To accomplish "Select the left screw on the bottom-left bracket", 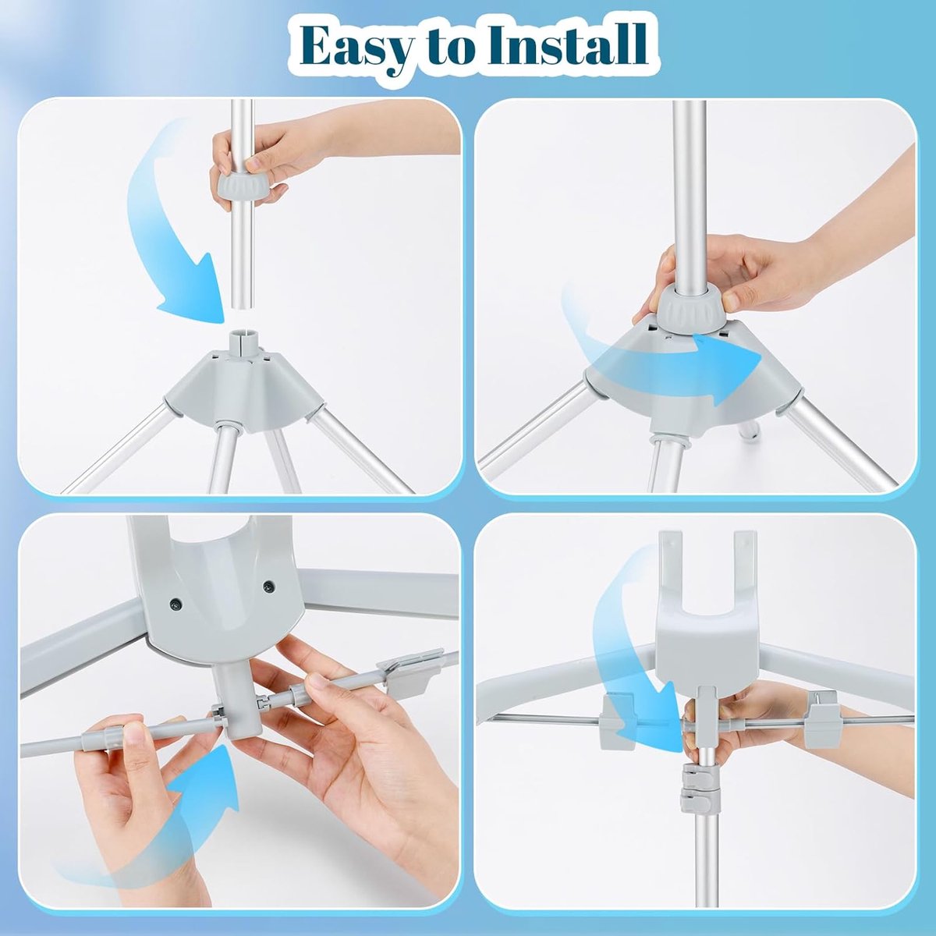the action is tap(177, 604).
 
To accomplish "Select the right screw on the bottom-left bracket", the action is tap(268, 588).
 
